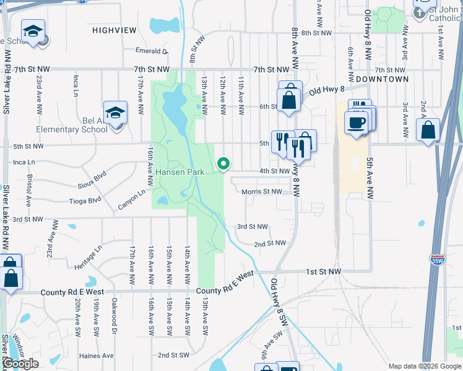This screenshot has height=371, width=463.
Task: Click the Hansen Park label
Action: tap(180, 171)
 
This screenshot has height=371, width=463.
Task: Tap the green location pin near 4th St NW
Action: tap(223, 163)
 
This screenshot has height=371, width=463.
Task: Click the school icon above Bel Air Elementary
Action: tap(115, 113)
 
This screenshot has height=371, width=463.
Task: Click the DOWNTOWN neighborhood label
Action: tap(382, 79)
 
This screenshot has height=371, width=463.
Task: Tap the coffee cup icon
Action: tap(356, 122)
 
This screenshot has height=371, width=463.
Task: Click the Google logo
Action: tap(20, 364)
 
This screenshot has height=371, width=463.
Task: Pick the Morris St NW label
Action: tap(262, 192)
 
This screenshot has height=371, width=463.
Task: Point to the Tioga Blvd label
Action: tap(85, 200)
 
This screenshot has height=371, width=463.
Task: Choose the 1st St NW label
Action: tap(323, 271)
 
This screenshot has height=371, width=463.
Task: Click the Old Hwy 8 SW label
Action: tap(279, 303)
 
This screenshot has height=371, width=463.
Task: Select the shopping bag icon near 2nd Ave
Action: tap(428, 130)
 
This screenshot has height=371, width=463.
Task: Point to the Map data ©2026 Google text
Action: tap(424, 365)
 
